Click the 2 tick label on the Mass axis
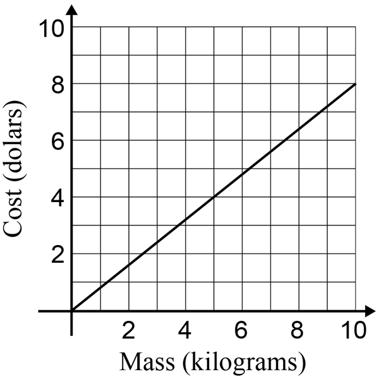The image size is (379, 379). click(x=129, y=331)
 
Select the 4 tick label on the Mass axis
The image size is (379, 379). click(x=186, y=331)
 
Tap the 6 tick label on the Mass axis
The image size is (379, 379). click(x=243, y=331)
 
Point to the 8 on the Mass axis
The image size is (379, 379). click(x=299, y=331)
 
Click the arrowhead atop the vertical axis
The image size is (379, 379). click(x=72, y=9)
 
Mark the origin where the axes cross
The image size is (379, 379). click(x=72, y=311)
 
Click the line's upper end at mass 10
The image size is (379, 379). click(x=356, y=83)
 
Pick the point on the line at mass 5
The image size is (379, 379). click(x=214, y=197)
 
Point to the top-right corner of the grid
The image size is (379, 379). click(x=356, y=27)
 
